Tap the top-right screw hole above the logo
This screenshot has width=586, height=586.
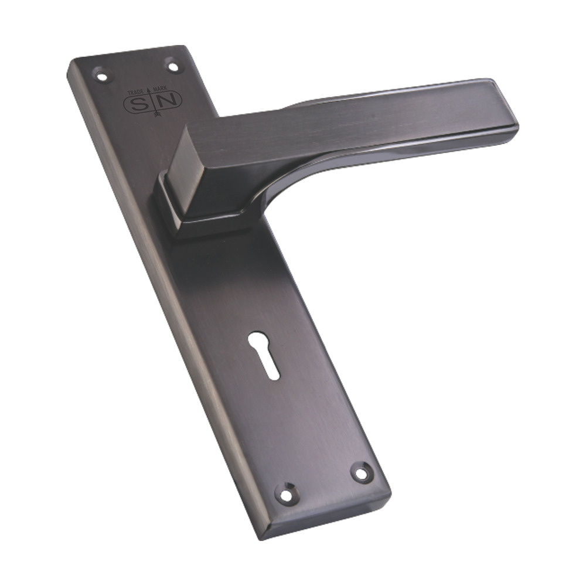(x=173, y=66)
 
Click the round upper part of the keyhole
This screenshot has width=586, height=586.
(x=258, y=340)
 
